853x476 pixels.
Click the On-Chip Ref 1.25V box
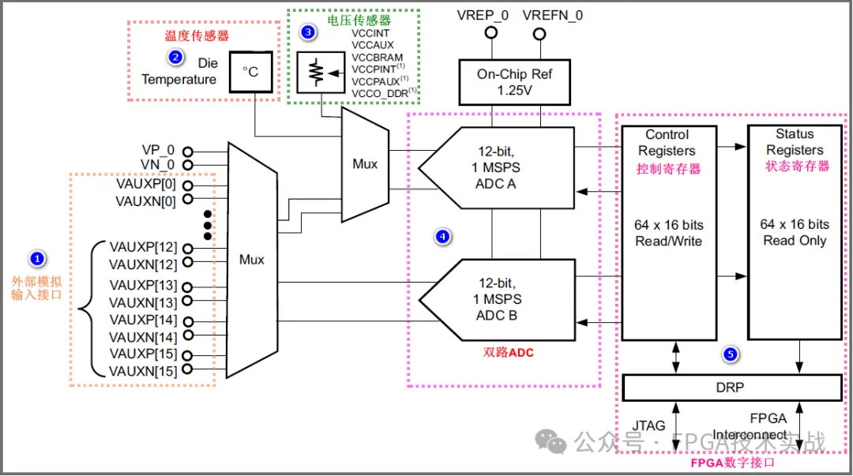514,82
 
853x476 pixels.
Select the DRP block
732,388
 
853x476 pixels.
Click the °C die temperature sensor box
250,73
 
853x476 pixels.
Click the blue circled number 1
36,258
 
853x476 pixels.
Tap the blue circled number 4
443,236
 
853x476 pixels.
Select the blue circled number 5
731,354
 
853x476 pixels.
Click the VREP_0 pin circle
490,33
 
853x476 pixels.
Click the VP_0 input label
157,150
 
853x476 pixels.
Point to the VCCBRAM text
377,58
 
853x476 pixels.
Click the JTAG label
648,425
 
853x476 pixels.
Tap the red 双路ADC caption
508,353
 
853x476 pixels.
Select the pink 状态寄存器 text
797,167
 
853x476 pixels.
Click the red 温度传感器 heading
190,36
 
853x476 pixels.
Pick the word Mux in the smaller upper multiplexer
365,164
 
